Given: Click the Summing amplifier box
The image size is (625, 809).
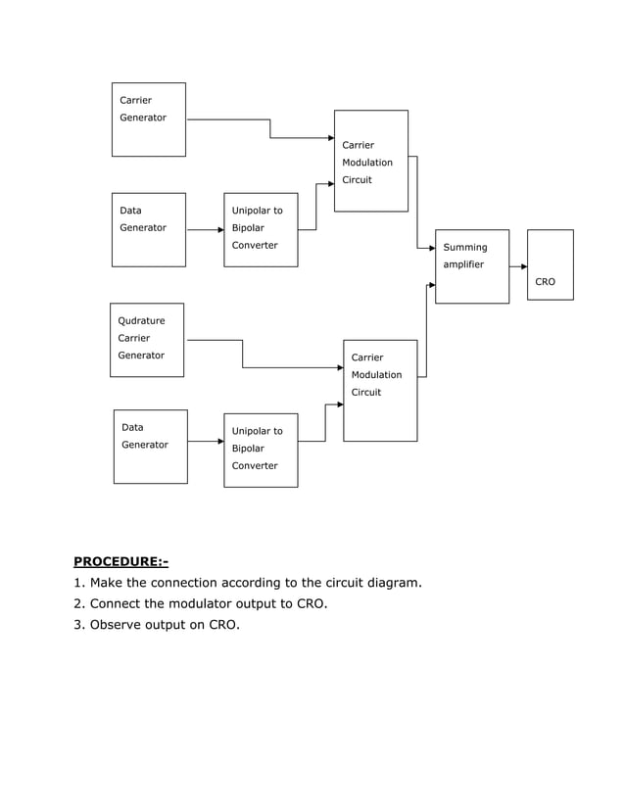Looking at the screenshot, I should pyautogui.click(x=471, y=266).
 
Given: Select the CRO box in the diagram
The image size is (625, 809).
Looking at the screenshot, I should pyautogui.click(x=550, y=264).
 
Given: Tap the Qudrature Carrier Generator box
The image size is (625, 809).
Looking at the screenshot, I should pyautogui.click(x=147, y=340).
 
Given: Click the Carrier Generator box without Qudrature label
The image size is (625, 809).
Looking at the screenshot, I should pyautogui.click(x=148, y=119).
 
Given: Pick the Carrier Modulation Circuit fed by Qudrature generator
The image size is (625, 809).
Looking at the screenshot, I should pyautogui.click(x=380, y=390).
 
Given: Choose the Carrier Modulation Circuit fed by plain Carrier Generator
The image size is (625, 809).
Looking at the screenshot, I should pyautogui.click(x=370, y=161).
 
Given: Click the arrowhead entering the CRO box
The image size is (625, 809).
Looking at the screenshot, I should pyautogui.click(x=524, y=266).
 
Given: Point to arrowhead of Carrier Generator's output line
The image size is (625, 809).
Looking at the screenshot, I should pyautogui.click(x=330, y=138).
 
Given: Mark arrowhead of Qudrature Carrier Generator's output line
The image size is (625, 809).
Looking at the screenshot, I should pyautogui.click(x=339, y=367).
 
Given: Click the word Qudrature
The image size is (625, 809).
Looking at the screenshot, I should pyautogui.click(x=141, y=320).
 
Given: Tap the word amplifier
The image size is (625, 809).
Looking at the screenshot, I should pyautogui.click(x=463, y=264).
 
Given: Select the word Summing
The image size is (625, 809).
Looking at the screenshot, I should pyautogui.click(x=464, y=247).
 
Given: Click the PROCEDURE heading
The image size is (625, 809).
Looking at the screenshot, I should pyautogui.click(x=120, y=561).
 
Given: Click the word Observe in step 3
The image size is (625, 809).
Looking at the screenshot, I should pyautogui.click(x=118, y=624).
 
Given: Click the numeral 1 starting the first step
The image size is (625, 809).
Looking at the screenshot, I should pyautogui.click(x=77, y=583).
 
